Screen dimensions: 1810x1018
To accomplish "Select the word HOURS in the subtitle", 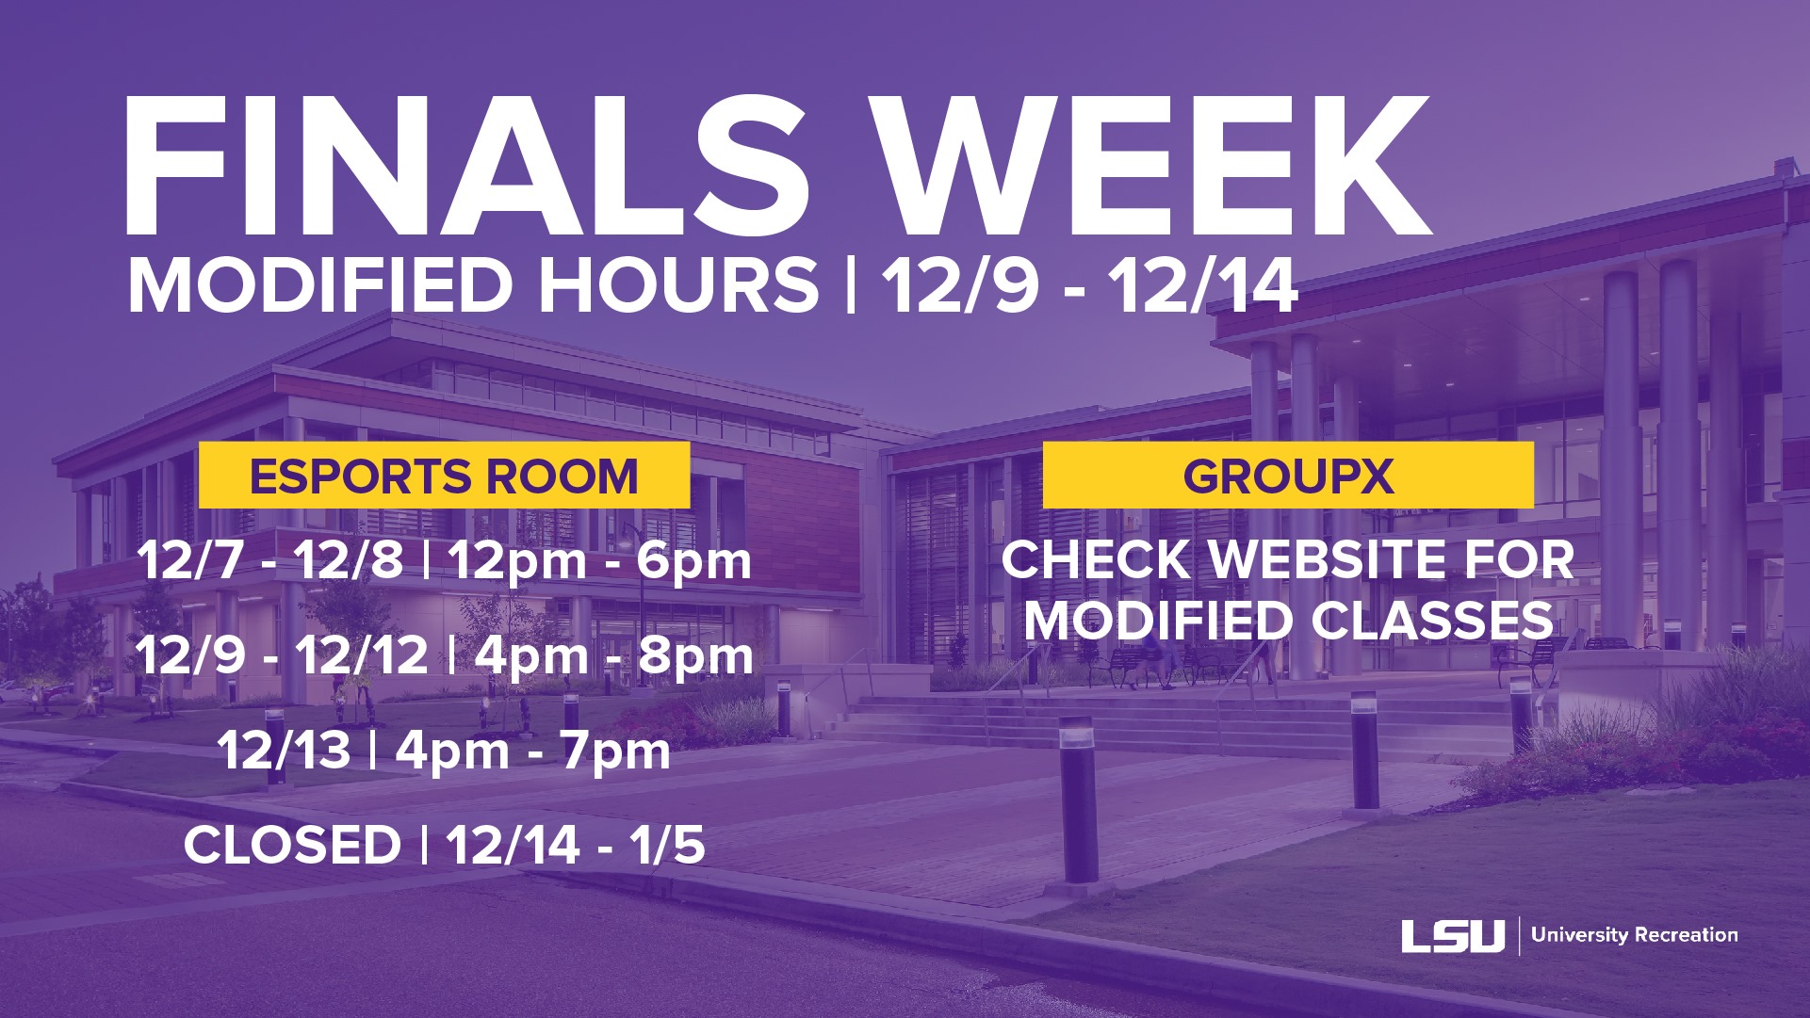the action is point(678,285).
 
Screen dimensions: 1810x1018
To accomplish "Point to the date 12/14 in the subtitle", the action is point(1203,285).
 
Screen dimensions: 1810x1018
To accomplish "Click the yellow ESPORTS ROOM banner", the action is point(444,476).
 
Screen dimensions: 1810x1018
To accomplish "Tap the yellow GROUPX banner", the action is point(1288,476).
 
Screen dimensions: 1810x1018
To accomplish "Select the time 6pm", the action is point(694,562).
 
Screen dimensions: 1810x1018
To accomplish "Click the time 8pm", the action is point(696,657).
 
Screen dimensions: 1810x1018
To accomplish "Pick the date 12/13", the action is point(284,751).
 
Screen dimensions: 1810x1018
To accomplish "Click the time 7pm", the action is point(616,751).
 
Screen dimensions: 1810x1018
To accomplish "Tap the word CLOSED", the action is point(292,845).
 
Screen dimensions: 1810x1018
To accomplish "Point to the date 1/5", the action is point(668,844).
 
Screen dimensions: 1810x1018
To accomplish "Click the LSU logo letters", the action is point(1453,935).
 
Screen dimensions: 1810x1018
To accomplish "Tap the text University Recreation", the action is point(1635,935).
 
